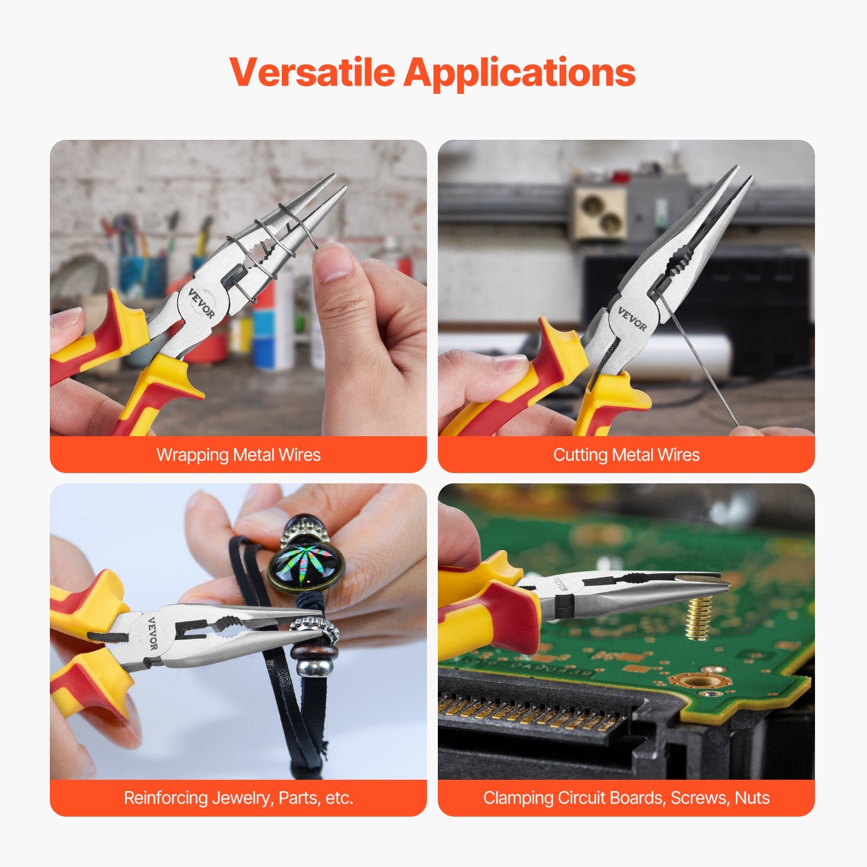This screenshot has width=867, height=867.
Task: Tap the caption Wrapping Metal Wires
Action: pyautogui.click(x=238, y=455)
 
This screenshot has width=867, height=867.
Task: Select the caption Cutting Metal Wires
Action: pyautogui.click(x=626, y=455)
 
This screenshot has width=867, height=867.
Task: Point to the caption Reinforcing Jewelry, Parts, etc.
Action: pyautogui.click(x=238, y=798)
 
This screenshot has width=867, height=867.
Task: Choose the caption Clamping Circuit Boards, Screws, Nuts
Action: pyautogui.click(x=626, y=798)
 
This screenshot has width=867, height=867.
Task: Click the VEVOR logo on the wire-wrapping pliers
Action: pyautogui.click(x=202, y=304)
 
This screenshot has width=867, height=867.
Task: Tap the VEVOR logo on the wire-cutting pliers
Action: pyautogui.click(x=632, y=319)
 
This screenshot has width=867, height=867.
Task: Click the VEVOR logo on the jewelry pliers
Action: pyautogui.click(x=152, y=633)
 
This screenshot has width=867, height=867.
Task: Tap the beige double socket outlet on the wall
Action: pyautogui.click(x=600, y=213)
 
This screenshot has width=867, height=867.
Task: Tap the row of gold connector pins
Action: pyautogui.click(x=531, y=713)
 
